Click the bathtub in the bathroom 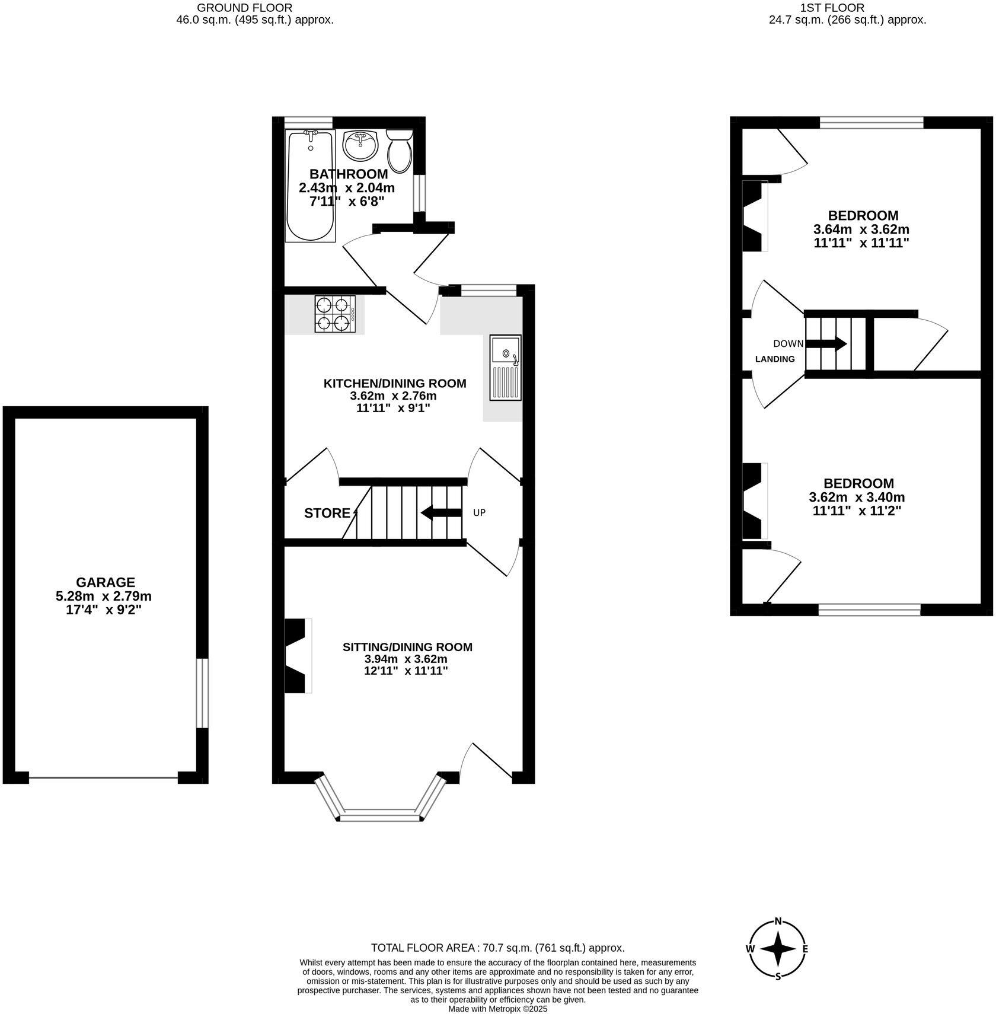pos(310,187)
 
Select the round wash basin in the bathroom pos(360,145)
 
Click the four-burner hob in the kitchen pos(336,314)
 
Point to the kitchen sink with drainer pos(506,368)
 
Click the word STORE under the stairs pos(327,514)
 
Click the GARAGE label pos(106,582)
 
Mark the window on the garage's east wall pos(202,693)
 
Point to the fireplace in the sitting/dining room pos(298,655)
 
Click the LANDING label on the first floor pos(775,359)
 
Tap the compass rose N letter pos(778,921)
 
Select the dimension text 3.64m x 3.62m pos(861,229)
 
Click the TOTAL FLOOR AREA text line pos(497,948)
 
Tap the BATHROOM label pos(349,174)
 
